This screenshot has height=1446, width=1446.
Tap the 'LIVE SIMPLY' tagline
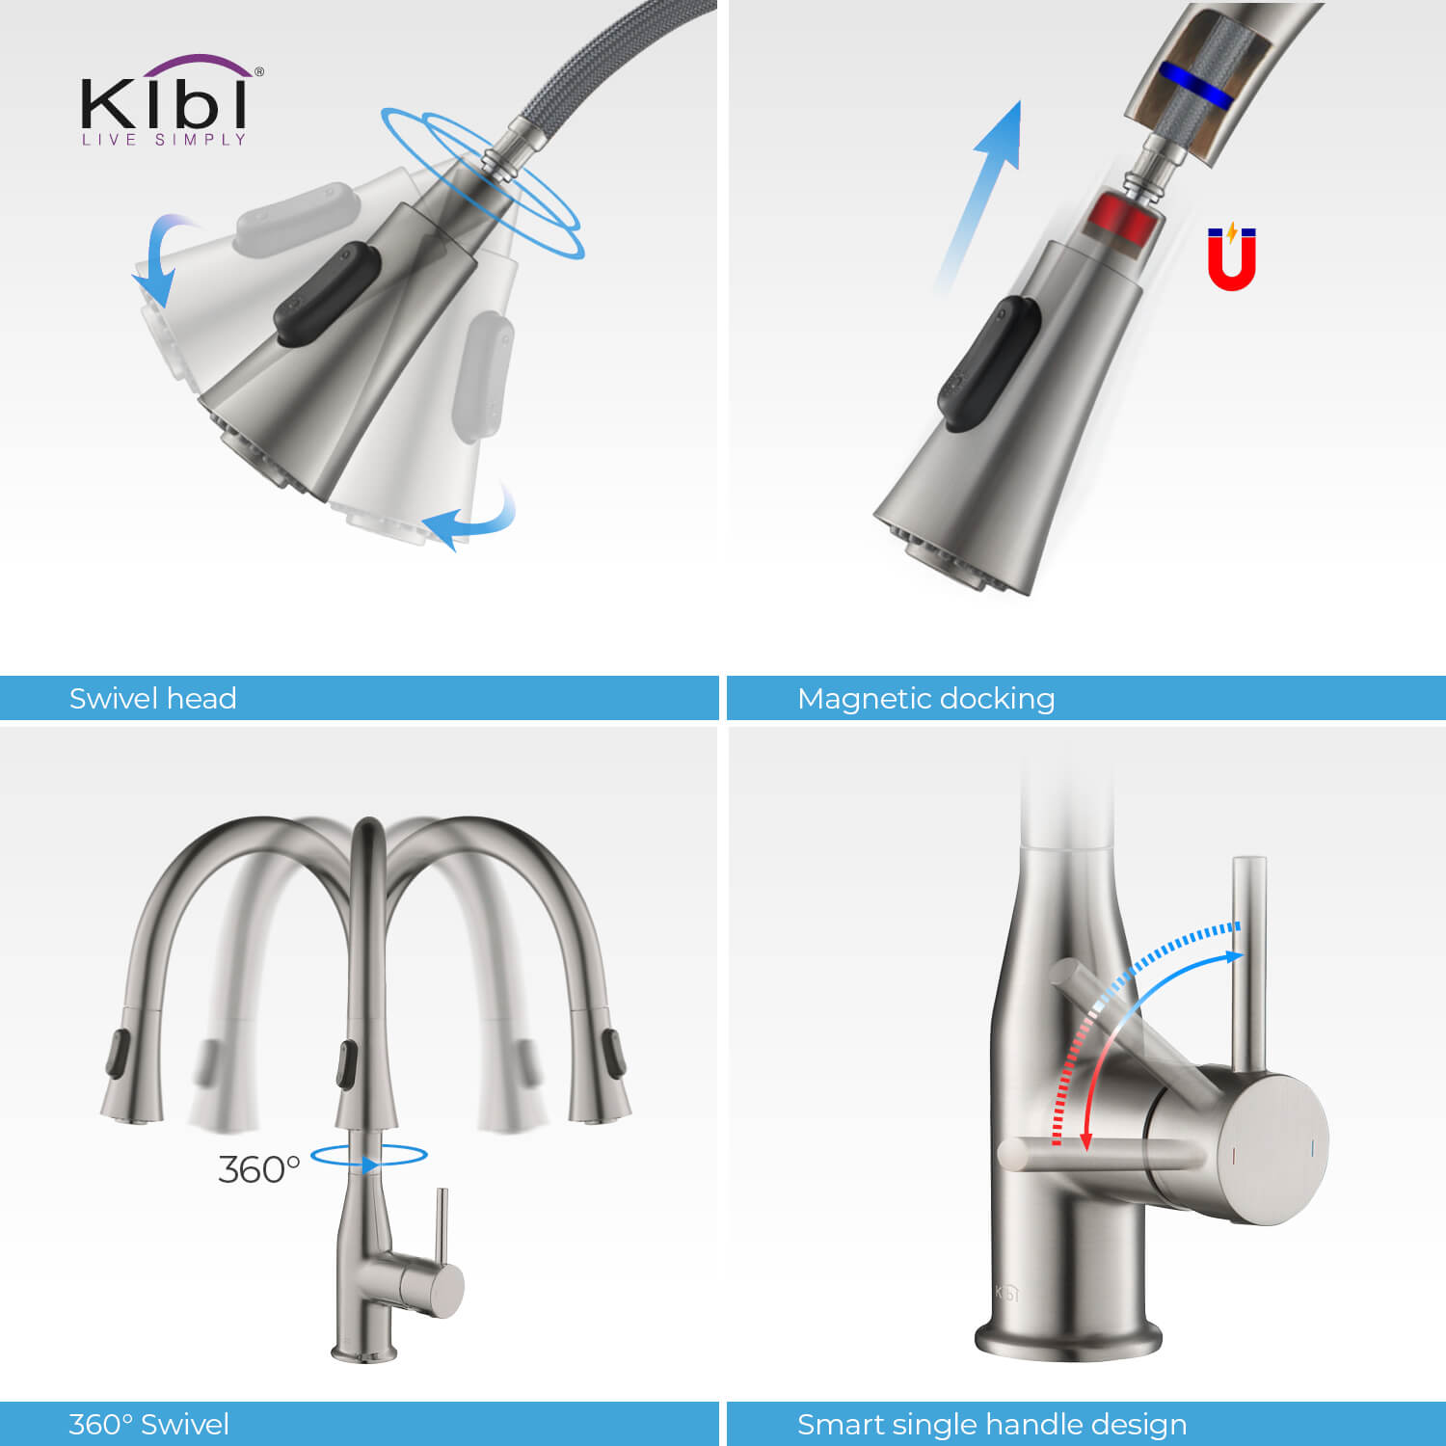[164, 140]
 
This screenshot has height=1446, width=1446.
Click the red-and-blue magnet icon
[1232, 256]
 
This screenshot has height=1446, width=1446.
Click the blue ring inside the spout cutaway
[1195, 85]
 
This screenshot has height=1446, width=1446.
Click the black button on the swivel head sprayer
[326, 294]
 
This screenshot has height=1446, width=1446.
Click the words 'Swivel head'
[152, 698]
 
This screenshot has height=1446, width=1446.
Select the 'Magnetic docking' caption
[925, 698]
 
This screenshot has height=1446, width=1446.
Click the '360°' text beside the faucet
[258, 1169]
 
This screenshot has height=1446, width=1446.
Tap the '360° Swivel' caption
[148, 1424]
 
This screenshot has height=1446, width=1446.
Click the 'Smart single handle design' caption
[992, 1424]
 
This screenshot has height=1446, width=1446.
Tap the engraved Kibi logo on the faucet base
[1006, 1293]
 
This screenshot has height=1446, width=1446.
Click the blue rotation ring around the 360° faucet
[369, 1155]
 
